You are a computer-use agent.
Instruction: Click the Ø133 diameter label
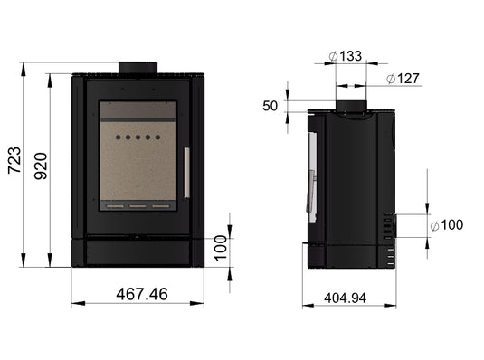click(346, 56)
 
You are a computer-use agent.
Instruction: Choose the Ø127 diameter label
click(403, 79)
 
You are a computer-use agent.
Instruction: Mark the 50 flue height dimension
click(270, 106)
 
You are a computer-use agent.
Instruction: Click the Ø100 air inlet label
click(446, 224)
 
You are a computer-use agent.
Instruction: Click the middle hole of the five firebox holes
click(138, 138)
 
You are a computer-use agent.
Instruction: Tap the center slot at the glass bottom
click(138, 207)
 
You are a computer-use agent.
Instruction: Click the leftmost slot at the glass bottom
click(117, 207)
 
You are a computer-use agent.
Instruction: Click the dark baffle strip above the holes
click(137, 109)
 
